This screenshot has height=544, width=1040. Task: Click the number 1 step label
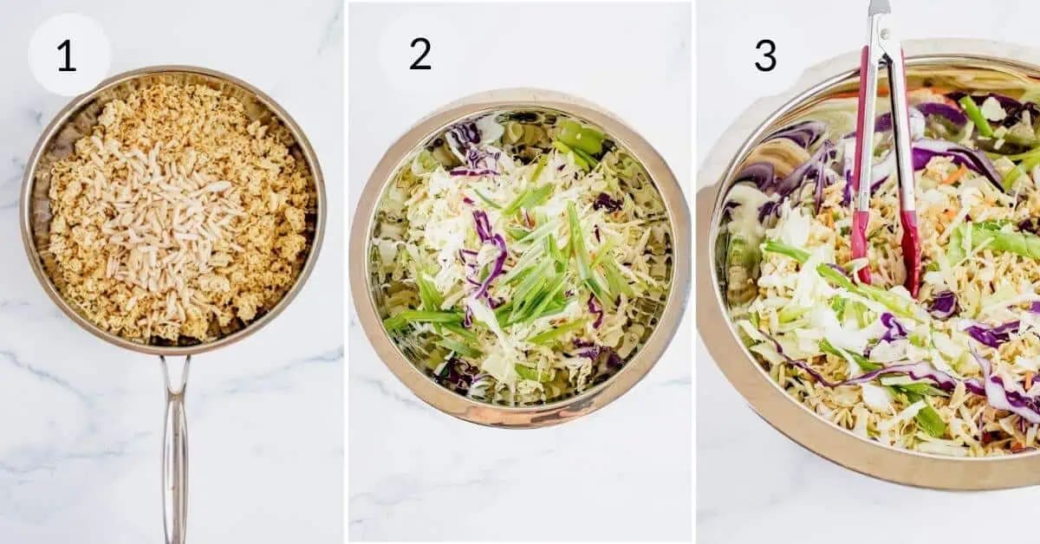click(67, 55)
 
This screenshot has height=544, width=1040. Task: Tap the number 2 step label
click(420, 55)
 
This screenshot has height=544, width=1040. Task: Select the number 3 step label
click(764, 55)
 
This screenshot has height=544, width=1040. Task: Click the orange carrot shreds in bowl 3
click(953, 173)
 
